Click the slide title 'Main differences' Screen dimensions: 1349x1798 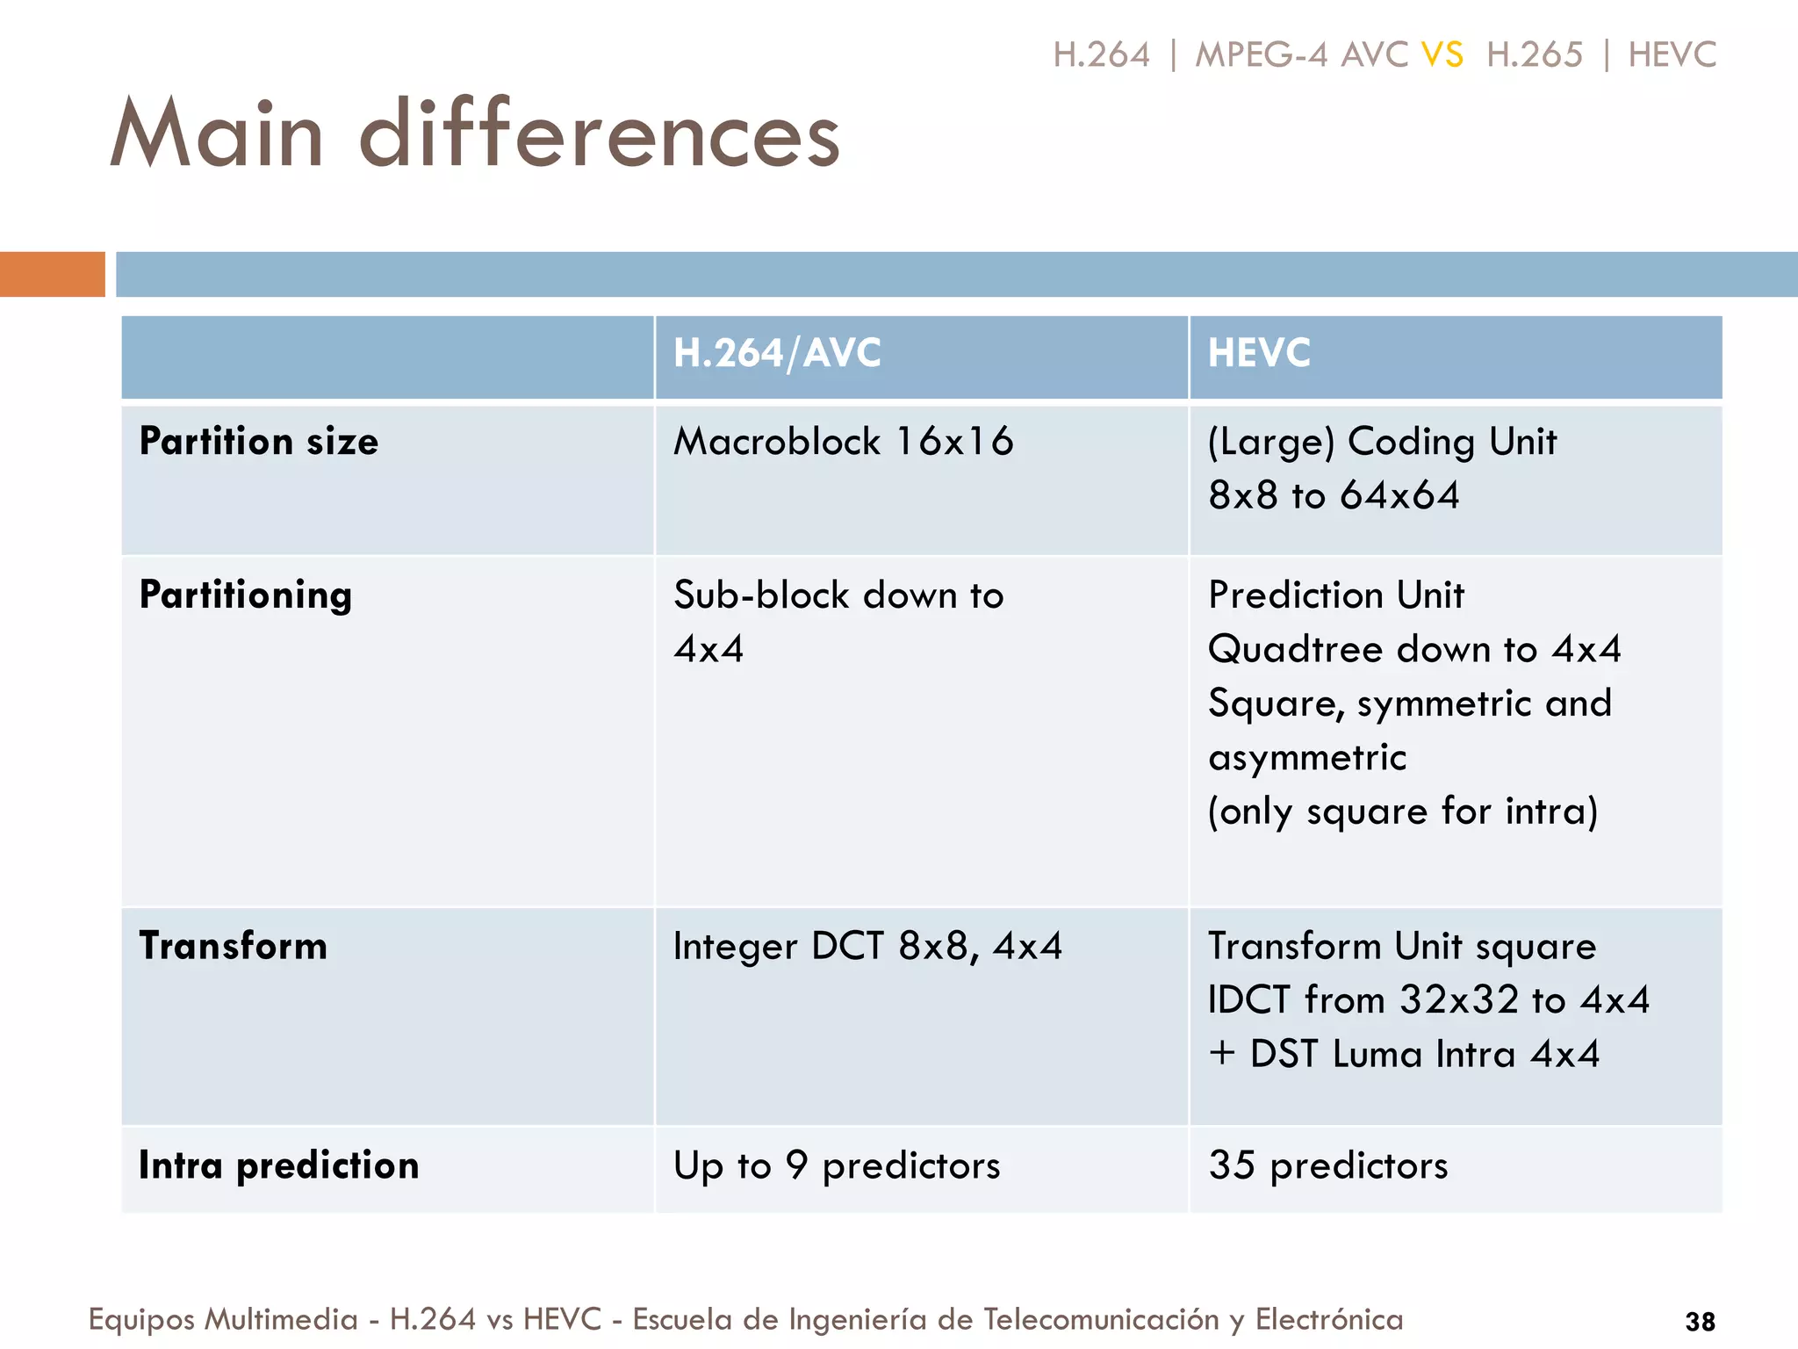[x=475, y=133]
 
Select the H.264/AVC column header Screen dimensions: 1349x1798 [x=777, y=353]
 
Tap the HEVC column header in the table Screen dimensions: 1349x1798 [x=1259, y=353]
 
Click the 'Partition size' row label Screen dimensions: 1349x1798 [x=259, y=441]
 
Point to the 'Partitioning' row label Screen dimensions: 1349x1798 [x=246, y=595]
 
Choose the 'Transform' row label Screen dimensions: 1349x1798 [x=234, y=946]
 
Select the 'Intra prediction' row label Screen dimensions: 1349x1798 [x=279, y=1165]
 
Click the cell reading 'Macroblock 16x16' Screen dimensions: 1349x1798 [x=843, y=441]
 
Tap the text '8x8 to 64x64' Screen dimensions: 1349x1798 [x=1334, y=495]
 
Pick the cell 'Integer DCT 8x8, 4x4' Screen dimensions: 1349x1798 [x=867, y=946]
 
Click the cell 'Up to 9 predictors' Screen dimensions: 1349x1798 [x=837, y=1165]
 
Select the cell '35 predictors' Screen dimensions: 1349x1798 [x=1328, y=1165]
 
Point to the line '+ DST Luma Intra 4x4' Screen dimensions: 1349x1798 [x=1404, y=1054]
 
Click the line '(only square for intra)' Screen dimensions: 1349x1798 [x=1403, y=811]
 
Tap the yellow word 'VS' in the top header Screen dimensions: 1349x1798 [x=1442, y=54]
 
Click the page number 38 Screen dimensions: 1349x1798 [x=1701, y=1321]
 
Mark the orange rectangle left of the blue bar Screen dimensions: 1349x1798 [x=52, y=274]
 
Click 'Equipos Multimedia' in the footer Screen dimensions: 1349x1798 [x=223, y=1319]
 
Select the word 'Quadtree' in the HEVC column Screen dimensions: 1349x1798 [x=1295, y=650]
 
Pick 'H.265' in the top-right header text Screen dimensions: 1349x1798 [x=1534, y=54]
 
